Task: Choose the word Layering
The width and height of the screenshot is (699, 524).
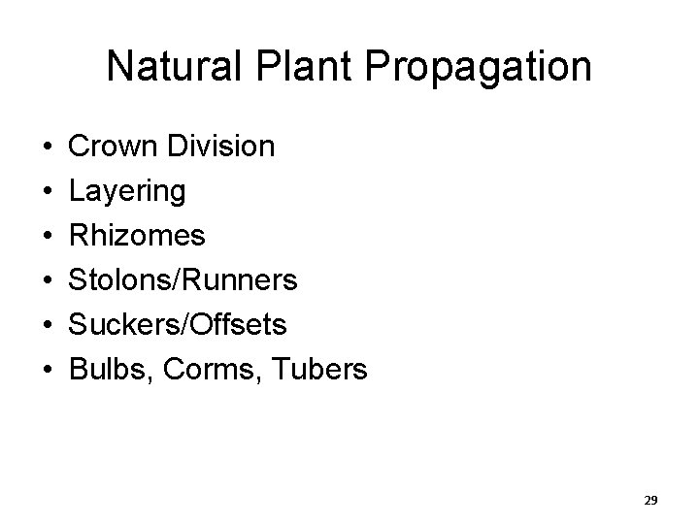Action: pos(127,192)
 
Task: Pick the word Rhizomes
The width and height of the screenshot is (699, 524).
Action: pos(137,236)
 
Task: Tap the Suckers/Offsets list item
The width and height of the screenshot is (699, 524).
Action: pos(179,324)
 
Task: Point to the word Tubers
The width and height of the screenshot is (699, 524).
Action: pos(319,369)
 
